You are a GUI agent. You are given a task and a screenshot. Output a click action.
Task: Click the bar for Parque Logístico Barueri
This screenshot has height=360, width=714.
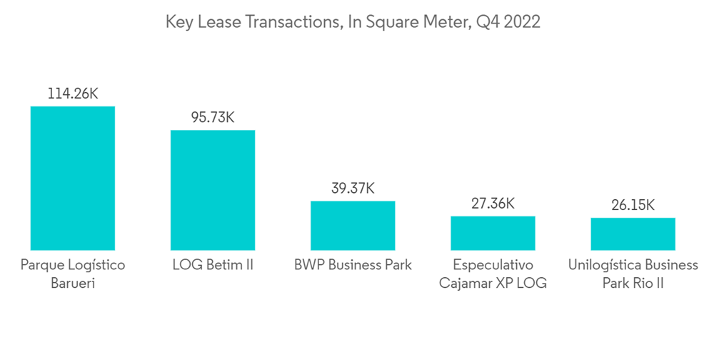pyautogui.click(x=72, y=178)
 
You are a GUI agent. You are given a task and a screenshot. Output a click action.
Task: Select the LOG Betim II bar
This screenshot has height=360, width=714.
pyautogui.click(x=213, y=190)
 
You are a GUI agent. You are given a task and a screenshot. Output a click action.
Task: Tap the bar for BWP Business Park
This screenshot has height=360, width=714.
pyautogui.click(x=353, y=225)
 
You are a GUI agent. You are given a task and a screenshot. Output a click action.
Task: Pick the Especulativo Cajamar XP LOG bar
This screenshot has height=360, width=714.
pyautogui.click(x=493, y=233)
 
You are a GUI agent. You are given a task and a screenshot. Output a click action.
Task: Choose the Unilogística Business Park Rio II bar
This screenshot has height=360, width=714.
pyautogui.click(x=633, y=234)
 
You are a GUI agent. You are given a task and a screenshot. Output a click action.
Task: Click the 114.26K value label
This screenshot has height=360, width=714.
pyautogui.click(x=73, y=94)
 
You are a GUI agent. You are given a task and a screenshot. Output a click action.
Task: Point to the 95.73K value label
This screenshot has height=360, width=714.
pyautogui.click(x=213, y=118)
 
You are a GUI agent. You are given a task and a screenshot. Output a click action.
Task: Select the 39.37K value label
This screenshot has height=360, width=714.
pyautogui.click(x=353, y=189)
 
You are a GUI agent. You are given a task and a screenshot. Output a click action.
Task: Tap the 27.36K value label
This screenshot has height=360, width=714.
pyautogui.click(x=493, y=204)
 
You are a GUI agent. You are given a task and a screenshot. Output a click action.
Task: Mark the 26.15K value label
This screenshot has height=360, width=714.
pyautogui.click(x=633, y=206)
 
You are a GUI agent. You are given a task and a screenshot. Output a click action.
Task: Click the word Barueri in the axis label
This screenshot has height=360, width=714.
pyautogui.click(x=72, y=283)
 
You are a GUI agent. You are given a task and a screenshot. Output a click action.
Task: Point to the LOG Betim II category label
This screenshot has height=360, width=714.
pyautogui.click(x=213, y=265)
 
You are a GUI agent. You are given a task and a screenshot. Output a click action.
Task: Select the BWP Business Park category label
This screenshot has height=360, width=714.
pyautogui.click(x=353, y=265)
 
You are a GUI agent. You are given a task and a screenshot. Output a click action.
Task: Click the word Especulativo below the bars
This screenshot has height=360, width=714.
pyautogui.click(x=493, y=265)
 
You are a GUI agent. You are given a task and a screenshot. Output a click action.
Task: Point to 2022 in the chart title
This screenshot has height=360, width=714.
pyautogui.click(x=523, y=23)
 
